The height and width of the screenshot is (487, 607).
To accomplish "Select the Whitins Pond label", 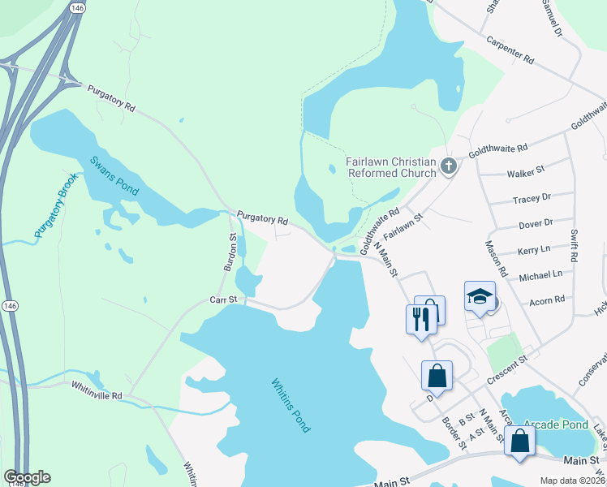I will pos(290,405).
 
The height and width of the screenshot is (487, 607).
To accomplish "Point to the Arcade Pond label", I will pos(556,425).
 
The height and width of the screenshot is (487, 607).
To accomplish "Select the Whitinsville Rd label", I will pos(96,395).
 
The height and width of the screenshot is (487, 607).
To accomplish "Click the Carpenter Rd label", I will pos(510,50).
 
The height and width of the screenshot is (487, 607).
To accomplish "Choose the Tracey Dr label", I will pos(532,198).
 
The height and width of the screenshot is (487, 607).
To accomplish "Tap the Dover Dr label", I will pos(536,223).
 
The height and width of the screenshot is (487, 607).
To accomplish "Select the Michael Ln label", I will pos(540,275).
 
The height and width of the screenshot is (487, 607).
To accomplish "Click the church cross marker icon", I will pos(450,167).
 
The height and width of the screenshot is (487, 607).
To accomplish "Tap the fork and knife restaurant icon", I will pos(420,317).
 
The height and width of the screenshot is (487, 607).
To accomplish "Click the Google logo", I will pos(27,477).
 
